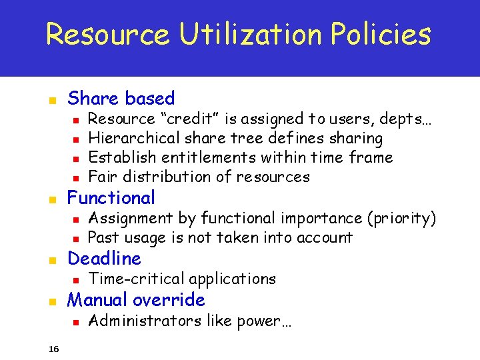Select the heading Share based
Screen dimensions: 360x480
tap(121, 99)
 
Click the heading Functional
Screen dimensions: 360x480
tap(111, 198)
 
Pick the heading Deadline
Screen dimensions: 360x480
tap(105, 259)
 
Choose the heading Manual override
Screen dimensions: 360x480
tap(136, 300)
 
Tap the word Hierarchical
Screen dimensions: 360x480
tap(134, 139)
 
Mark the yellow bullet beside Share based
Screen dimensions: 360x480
tap(53, 101)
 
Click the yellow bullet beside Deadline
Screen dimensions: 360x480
tap(53, 260)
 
